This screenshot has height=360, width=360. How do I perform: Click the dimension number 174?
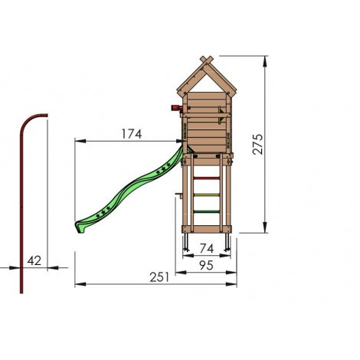point(132,134)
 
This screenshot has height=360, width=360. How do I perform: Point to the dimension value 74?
point(205,247)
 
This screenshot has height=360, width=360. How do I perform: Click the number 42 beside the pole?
point(34,260)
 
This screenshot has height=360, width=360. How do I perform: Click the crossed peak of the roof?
point(205,61)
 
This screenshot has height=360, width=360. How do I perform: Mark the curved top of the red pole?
point(31,119)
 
